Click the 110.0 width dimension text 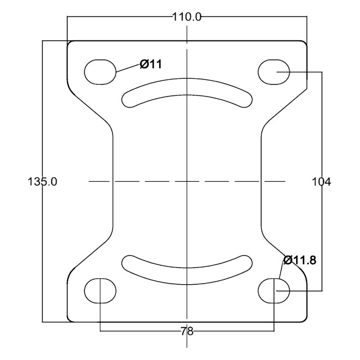pyautogui.click(x=187, y=17)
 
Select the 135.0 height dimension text pyautogui.click(x=42, y=182)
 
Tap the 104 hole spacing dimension pyautogui.click(x=321, y=182)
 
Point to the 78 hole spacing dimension pyautogui.click(x=187, y=331)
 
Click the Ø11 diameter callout pyautogui.click(x=151, y=64)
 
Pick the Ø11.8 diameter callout pyautogui.click(x=299, y=260)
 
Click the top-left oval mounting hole pyautogui.click(x=100, y=71)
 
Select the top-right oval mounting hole pyautogui.click(x=274, y=71)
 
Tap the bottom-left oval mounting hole pyautogui.click(x=100, y=291)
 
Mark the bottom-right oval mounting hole pyautogui.click(x=274, y=291)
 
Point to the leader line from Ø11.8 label pyautogui.click(x=282, y=271)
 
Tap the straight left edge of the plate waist pyautogui.click(x=114, y=181)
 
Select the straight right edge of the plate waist pyautogui.click(x=260, y=181)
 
